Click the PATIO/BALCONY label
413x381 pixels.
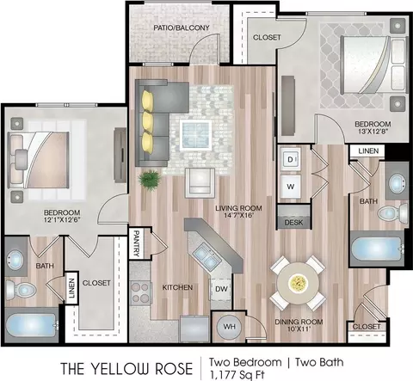[182, 28]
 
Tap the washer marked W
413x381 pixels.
[291, 187]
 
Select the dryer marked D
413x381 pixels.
[290, 160]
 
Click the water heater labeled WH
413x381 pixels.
[229, 327]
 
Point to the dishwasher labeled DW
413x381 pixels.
[221, 289]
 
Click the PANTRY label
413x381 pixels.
[137, 243]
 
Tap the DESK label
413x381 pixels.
[293, 223]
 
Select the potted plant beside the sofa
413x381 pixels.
[149, 180]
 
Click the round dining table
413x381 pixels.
[299, 284]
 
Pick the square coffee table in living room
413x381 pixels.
[196, 135]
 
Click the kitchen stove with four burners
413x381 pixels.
[140, 293]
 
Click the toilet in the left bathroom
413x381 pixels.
[20, 290]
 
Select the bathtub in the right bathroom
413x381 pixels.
[378, 249]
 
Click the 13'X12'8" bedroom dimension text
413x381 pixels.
[373, 132]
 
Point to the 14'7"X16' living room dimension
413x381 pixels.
[238, 215]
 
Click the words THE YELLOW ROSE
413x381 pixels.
[126, 368]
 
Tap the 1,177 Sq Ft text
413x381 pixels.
[237, 375]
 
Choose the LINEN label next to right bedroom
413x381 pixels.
[368, 151]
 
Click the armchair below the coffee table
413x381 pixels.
[200, 182]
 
